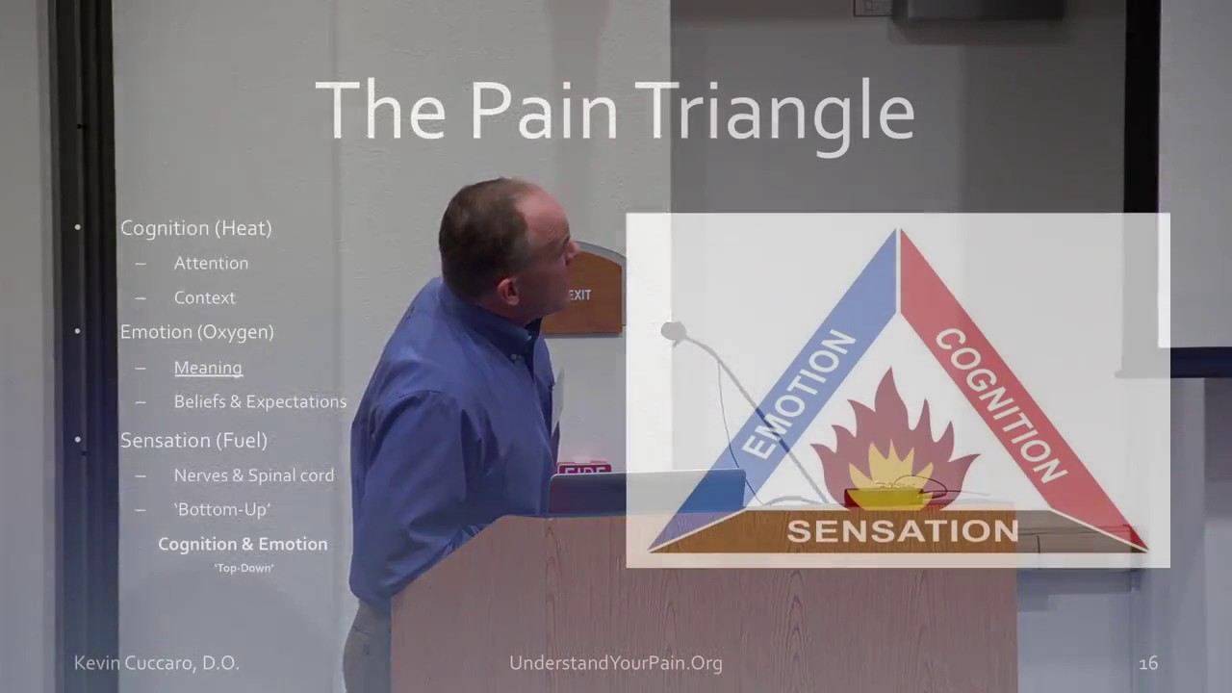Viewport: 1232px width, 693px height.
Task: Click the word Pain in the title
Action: coord(544,111)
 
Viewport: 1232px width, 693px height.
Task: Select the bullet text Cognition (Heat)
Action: coord(195,228)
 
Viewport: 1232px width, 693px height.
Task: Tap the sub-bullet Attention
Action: coord(211,263)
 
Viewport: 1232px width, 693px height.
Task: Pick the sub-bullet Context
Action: coord(204,297)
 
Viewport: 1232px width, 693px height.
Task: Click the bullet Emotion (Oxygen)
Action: coord(196,332)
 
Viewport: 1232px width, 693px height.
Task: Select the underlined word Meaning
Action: coord(208,368)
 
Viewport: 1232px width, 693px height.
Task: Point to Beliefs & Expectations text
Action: coord(260,401)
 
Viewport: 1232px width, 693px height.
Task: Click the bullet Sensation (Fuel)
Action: coord(193,440)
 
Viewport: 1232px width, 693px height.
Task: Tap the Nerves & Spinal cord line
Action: coord(254,475)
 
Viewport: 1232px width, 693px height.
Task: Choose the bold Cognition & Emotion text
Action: coord(243,544)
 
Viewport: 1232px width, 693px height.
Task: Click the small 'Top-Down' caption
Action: coord(244,568)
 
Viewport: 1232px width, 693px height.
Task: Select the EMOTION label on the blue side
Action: coord(798,395)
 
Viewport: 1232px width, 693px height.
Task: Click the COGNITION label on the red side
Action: coord(1001,404)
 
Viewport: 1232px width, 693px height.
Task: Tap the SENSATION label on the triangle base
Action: coord(903,530)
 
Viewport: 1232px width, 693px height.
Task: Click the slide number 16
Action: coord(1147,663)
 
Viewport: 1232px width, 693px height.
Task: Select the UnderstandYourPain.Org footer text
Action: coord(616,663)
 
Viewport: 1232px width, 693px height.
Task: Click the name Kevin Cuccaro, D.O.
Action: coord(157,663)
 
